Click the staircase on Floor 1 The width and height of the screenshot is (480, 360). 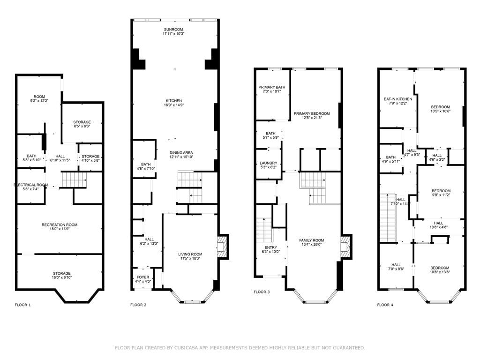(74, 180)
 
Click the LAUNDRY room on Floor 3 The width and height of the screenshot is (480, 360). (269, 164)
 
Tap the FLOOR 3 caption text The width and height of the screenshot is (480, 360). (262, 292)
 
